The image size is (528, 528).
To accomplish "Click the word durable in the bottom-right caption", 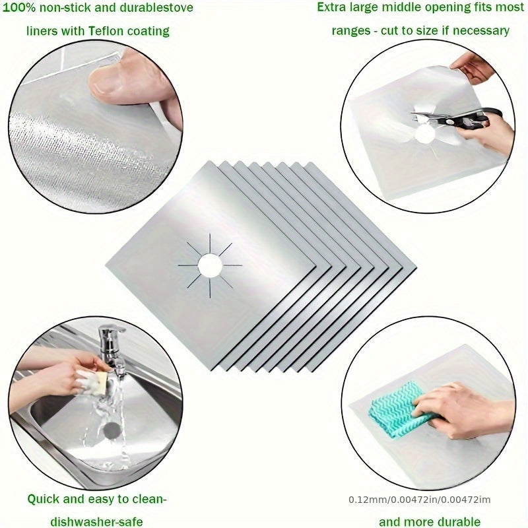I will [x=456, y=521].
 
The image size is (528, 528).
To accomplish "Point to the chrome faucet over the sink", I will [x=110, y=343].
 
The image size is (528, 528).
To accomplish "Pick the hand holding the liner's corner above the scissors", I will [x=472, y=66].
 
